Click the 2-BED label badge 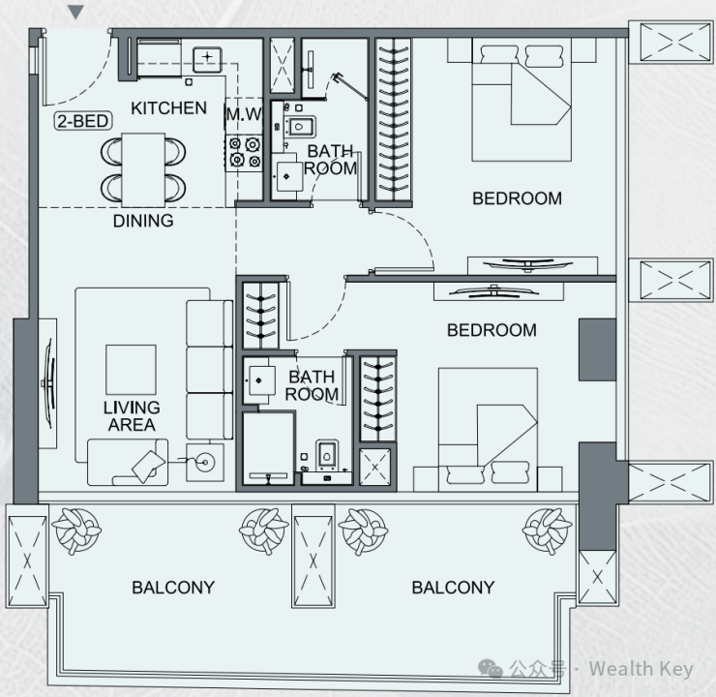coord(83,121)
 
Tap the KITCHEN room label coord(168,108)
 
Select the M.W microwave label coord(244,114)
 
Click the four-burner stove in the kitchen coord(244,153)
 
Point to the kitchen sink coord(207,59)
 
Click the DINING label coord(143,221)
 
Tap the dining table coord(143,170)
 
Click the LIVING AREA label coord(132,416)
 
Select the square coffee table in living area coord(131,370)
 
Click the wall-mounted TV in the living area coord(48,383)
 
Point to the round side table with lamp coord(205,463)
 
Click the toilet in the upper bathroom coord(300,126)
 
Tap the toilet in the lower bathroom coord(326,454)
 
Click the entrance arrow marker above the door coord(75,12)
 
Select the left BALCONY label coord(173,588)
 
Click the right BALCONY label coord(453,588)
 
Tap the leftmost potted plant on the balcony coord(76,531)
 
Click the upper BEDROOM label coord(517,198)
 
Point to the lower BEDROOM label coord(492,330)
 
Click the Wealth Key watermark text coord(641,669)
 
